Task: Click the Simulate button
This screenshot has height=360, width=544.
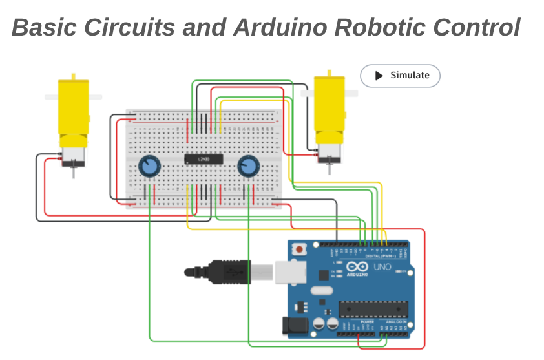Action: [400, 76]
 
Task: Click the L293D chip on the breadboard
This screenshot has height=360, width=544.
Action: [204, 158]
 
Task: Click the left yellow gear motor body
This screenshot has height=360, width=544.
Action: [73, 110]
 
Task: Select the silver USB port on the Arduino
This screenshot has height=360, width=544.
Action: [289, 271]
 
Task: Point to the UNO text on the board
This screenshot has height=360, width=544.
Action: [382, 266]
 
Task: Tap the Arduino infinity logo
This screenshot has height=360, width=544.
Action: [357, 266]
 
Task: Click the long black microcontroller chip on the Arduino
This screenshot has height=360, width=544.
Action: [373, 310]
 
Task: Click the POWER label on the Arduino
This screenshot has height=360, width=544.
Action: [367, 321]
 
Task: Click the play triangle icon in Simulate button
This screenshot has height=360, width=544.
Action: [379, 76]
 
